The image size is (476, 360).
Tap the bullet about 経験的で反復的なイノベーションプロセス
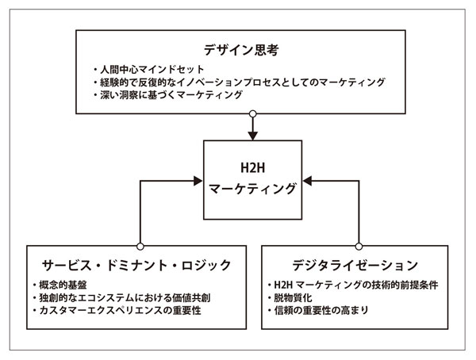(x=238, y=82)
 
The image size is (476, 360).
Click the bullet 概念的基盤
(x=61, y=284)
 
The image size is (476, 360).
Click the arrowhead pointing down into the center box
(x=251, y=135)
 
